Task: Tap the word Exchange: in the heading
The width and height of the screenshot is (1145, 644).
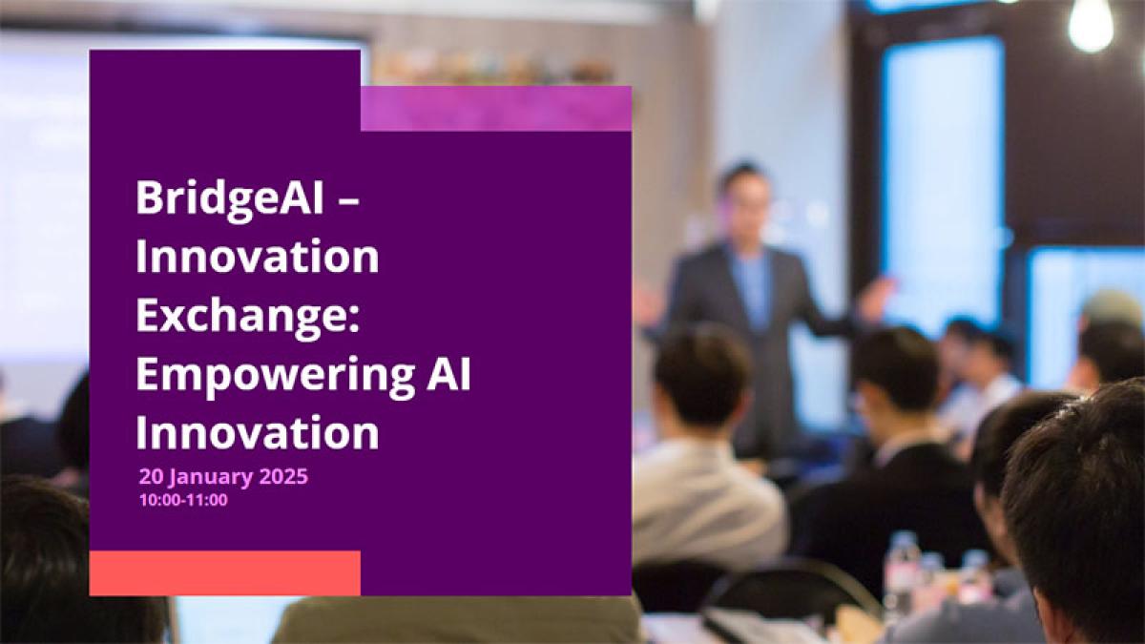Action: (248, 315)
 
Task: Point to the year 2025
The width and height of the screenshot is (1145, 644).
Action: (283, 476)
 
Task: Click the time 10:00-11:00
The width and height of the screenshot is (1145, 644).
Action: (183, 500)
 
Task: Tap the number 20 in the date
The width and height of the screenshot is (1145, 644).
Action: (152, 476)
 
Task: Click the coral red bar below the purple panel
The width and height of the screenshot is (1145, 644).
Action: (225, 573)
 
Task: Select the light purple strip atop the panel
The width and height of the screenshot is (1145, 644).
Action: (496, 109)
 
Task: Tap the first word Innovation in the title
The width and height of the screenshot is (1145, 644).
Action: (257, 256)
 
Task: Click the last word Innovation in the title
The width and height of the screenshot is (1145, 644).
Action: (257, 432)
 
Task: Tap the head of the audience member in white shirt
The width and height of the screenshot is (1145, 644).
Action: (703, 376)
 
